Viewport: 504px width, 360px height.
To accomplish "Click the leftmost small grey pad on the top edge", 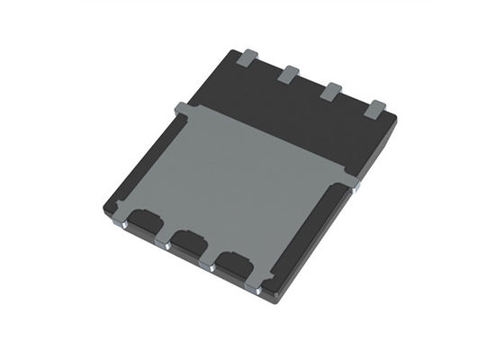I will (x=248, y=59).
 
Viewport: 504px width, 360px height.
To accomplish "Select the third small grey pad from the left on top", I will (x=332, y=90).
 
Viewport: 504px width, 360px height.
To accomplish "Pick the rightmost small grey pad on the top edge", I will (x=376, y=109).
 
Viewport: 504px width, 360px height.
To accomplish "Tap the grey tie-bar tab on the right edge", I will (x=352, y=182).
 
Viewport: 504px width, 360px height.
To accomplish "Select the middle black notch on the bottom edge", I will (x=187, y=241).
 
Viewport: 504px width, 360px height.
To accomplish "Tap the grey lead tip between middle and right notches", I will (x=213, y=265).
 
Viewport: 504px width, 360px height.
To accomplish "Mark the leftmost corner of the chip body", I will (x=105, y=210).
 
